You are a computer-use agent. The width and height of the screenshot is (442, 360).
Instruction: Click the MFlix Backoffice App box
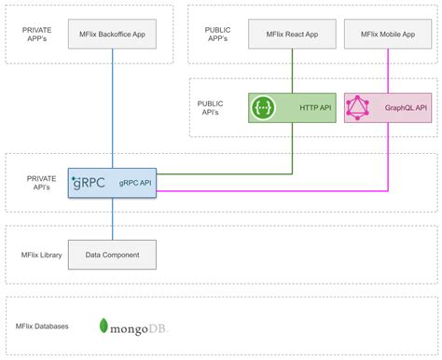pos(113,35)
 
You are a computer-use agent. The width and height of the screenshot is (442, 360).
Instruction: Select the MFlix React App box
pos(292,35)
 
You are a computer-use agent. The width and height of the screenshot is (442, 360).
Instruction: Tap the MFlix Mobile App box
pos(386,35)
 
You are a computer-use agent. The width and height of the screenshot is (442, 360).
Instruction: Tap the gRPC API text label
pos(134,183)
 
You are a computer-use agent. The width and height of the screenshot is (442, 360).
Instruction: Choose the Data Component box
pos(113,254)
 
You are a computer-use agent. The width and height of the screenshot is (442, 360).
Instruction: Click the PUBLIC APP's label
pos(217,35)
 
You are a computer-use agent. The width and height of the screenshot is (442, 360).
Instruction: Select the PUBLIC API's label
pos(211,108)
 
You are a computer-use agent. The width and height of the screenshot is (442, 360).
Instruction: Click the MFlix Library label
pos(41,254)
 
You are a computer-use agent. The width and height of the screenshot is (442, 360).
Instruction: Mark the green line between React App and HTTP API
pos(293,71)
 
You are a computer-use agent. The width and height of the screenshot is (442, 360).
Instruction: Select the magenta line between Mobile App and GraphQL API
pos(386,71)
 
